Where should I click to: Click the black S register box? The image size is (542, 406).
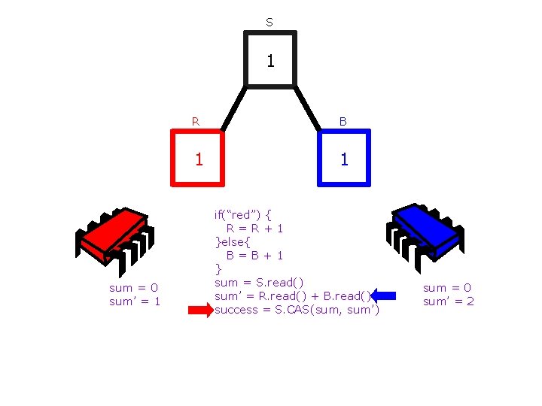pos(270,59)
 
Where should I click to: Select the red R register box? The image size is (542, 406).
pos(199,158)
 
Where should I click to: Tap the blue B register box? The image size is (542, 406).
pos(344,158)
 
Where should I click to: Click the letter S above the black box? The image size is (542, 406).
pos(269,23)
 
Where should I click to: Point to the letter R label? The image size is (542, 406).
pos(196,120)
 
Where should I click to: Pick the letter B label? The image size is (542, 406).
pos(343,120)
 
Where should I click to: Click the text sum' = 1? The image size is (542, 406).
pos(135,301)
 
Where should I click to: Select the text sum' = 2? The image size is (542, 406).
pos(449,301)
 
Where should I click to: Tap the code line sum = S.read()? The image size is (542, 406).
pos(259,282)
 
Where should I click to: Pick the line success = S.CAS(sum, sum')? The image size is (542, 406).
pos(297,310)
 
